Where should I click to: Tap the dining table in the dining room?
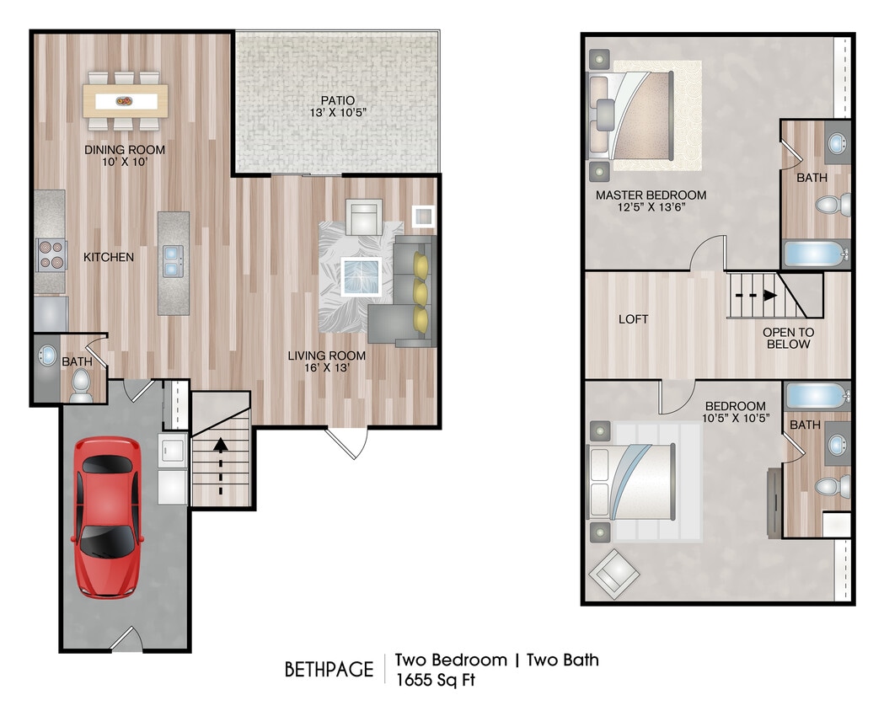[125, 101]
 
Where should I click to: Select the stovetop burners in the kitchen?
[50, 254]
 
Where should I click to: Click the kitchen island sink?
[174, 260]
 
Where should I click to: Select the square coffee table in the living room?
[362, 276]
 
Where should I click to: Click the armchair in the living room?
[365, 217]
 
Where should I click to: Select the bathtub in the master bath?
[815, 254]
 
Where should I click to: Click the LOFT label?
[634, 319]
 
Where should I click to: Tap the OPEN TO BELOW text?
[787, 338]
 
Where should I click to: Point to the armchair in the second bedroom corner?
[613, 573]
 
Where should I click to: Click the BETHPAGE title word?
[329, 670]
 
